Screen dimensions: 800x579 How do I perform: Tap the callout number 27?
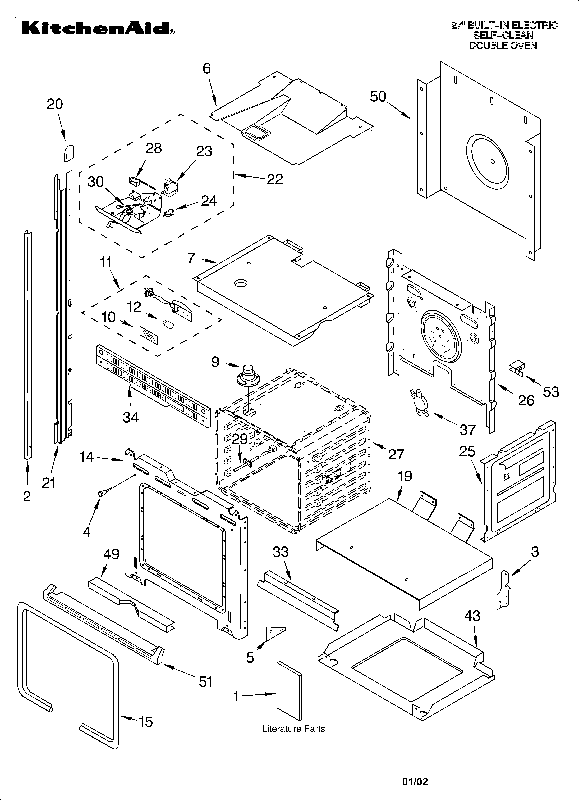click(x=396, y=454)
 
